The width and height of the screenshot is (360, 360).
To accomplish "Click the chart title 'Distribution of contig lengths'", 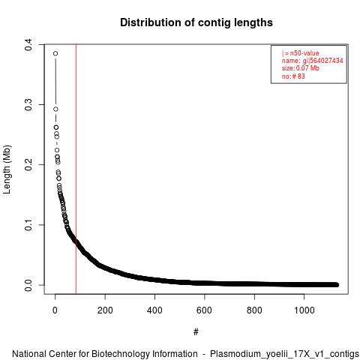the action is pyautogui.click(x=196, y=22).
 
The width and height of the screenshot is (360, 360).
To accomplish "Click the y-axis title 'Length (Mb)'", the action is pyautogui.click(x=7, y=169).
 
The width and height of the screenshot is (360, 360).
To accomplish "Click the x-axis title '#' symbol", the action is pyautogui.click(x=196, y=332).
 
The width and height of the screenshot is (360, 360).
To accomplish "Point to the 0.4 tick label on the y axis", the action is pyautogui.click(x=28, y=45).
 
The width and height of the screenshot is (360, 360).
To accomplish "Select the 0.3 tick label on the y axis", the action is pyautogui.click(x=28, y=105).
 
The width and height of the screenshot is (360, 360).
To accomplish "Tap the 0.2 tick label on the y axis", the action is pyautogui.click(x=28, y=165).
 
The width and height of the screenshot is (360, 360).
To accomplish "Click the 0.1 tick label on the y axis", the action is pyautogui.click(x=28, y=225).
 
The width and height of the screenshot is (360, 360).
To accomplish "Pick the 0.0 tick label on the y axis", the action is pyautogui.click(x=28, y=285).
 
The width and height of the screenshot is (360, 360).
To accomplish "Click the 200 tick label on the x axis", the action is pyautogui.click(x=105, y=310).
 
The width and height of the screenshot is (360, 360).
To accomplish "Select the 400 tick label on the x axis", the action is pyautogui.click(x=154, y=310).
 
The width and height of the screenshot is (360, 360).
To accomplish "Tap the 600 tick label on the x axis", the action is pyautogui.click(x=205, y=310).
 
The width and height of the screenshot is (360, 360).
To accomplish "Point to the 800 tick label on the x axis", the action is pyautogui.click(x=254, y=310).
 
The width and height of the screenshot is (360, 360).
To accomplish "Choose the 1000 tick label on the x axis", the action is pyautogui.click(x=304, y=310).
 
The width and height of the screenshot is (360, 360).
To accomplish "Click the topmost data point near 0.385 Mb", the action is pyautogui.click(x=55, y=53).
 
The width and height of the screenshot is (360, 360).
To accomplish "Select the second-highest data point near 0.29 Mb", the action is pyautogui.click(x=55, y=109).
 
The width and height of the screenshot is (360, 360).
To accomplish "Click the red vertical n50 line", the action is pyautogui.click(x=76, y=169).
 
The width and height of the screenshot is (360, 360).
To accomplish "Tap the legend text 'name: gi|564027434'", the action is pyautogui.click(x=312, y=61).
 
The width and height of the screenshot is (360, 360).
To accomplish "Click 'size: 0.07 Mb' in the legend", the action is pyautogui.click(x=301, y=68).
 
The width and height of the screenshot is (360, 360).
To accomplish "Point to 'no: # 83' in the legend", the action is pyautogui.click(x=293, y=76).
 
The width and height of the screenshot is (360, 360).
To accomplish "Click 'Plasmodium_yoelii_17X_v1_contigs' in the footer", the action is pyautogui.click(x=284, y=354).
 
